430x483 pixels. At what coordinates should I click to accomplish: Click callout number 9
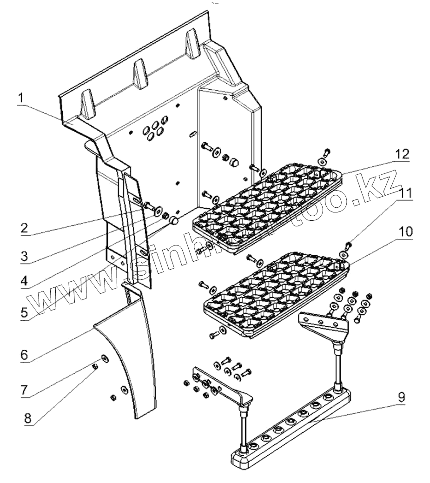(x=401, y=397)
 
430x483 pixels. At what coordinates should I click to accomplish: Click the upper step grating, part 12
(x=270, y=205)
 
